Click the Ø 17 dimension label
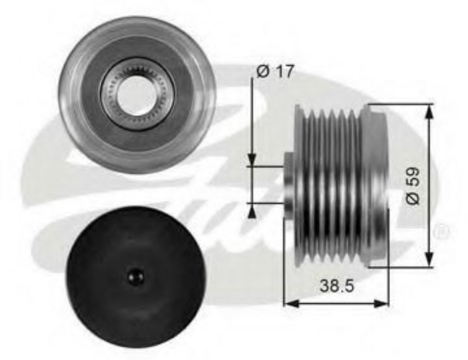coord(275,71)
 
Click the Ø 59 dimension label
coord(413,185)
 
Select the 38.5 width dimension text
coord(336,286)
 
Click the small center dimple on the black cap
coord(136,274)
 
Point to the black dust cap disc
coord(136,274)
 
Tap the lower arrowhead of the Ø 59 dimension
coord(429,258)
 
